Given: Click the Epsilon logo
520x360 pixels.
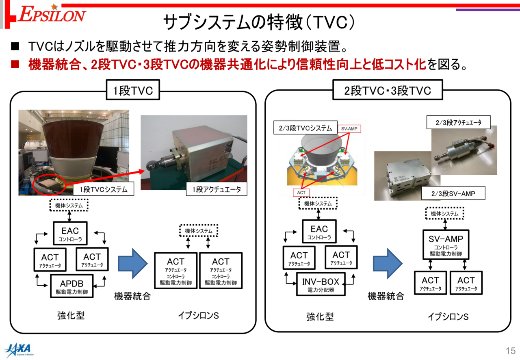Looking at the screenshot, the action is [52, 14].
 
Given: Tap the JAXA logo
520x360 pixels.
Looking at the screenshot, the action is [19, 350].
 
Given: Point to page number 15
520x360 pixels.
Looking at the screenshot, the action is [511, 351].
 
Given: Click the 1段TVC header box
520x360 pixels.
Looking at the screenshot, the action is [133, 90].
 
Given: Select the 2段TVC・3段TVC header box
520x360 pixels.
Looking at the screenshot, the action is [388, 90].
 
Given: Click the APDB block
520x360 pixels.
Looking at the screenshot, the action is [72, 286].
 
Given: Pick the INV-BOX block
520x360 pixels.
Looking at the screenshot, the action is [321, 284].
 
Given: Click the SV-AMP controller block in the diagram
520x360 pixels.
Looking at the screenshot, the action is [446, 245].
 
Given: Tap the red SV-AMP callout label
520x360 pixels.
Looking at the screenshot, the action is [349, 129].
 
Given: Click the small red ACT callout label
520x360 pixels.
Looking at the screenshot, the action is [301, 193].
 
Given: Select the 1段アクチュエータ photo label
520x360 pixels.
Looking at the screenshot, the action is [217, 189].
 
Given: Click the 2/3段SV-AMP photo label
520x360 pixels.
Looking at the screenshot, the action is [453, 193].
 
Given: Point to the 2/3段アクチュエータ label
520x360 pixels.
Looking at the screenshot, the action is [459, 122].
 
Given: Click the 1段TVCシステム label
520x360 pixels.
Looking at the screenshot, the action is [104, 189].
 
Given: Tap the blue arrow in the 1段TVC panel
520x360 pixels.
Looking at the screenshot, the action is [133, 264].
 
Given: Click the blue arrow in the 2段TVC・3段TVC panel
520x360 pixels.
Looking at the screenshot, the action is [388, 264].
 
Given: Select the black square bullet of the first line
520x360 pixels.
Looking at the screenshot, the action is [15, 46].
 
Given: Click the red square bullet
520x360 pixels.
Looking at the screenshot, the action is [15, 64].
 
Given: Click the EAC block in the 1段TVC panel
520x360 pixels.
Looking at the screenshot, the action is [70, 233].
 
